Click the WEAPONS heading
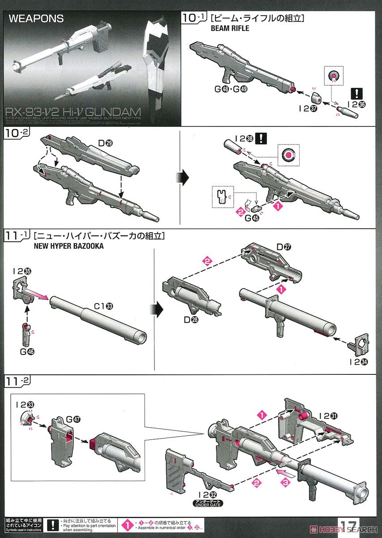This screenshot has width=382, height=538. point(36,19)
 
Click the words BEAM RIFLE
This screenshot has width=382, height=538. point(230,28)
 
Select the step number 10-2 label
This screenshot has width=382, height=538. point(16,133)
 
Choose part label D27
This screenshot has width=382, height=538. point(283,247)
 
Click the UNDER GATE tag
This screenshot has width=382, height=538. point(208,503)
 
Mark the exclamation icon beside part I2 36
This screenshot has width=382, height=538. point(357,94)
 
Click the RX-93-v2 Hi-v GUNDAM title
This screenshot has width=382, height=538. point(72,112)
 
